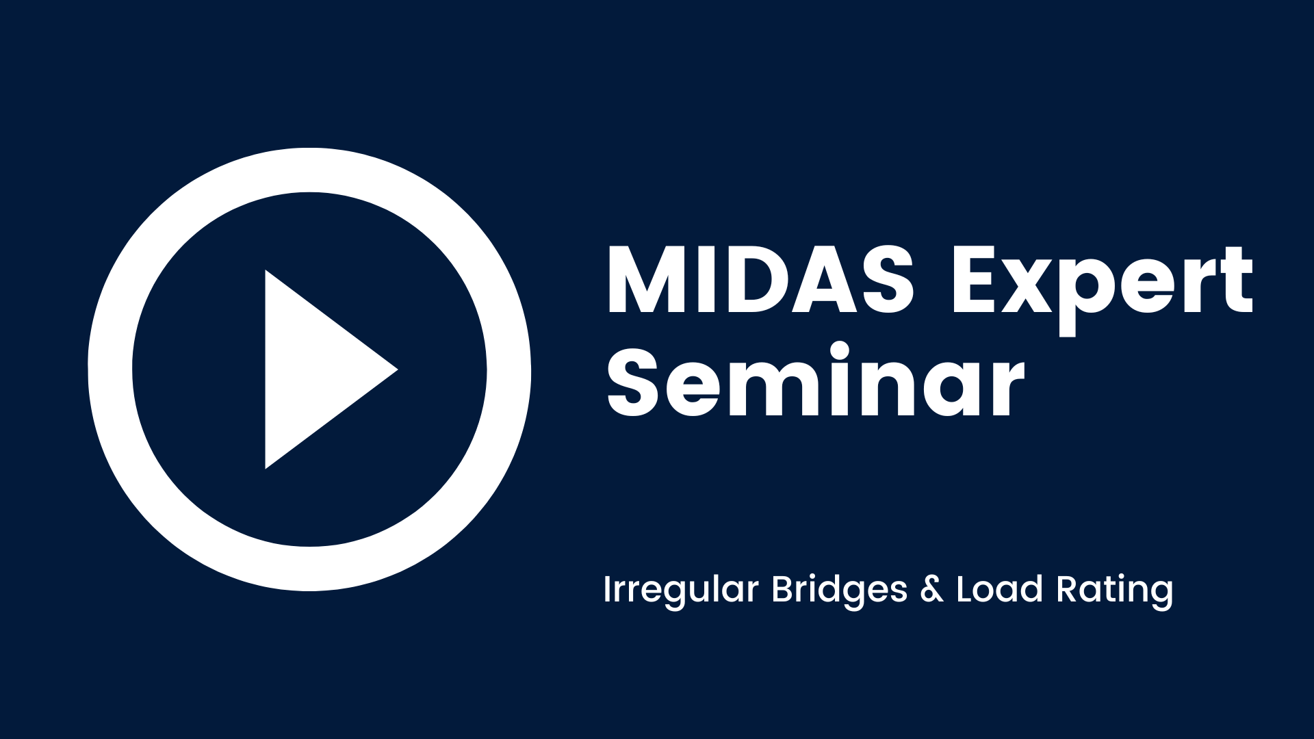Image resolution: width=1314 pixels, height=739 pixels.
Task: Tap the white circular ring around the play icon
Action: tap(109, 369)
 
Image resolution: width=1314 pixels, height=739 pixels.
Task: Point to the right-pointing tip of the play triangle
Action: tap(397, 369)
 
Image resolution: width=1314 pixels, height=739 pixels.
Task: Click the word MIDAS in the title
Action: tap(760, 280)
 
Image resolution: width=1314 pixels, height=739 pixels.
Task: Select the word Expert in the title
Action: tap(1102, 287)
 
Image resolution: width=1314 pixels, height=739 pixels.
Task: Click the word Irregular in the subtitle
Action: tap(681, 590)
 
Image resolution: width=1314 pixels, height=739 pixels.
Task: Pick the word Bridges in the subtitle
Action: tap(840, 590)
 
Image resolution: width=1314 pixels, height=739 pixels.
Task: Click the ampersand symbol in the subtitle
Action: tap(931, 590)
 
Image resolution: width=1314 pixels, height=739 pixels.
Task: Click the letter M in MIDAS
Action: tap(647, 280)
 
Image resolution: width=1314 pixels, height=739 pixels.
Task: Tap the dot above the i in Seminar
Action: tap(840, 351)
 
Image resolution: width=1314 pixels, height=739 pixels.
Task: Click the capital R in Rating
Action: tap(1070, 590)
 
